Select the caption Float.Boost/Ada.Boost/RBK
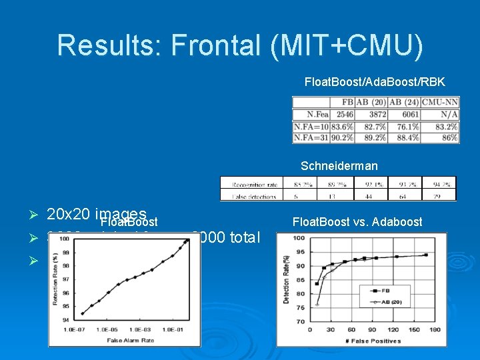(x=374, y=82)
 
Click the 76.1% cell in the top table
(x=404, y=126)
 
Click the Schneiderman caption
(x=339, y=166)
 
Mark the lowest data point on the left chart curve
(x=82, y=313)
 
